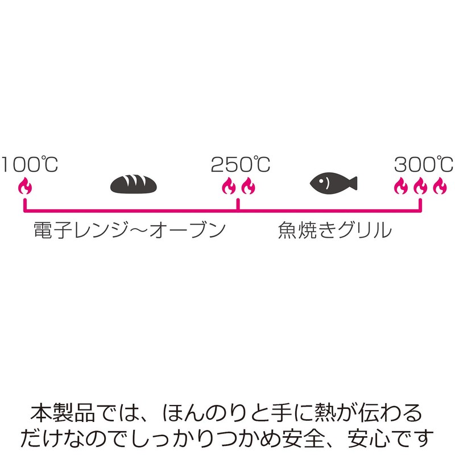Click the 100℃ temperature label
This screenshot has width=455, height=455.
[x=30, y=165]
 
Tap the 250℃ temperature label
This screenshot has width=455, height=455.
[x=241, y=165]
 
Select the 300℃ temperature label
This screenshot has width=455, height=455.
[x=423, y=165]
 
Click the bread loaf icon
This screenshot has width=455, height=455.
[x=133, y=183]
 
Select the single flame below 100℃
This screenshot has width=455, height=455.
[x=24, y=185]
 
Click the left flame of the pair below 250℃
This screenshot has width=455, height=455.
[x=229, y=185]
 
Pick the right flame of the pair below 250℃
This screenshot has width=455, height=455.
[x=247, y=185]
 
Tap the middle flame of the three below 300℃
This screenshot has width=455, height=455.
[x=420, y=185]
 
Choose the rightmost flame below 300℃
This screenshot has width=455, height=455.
[x=439, y=185]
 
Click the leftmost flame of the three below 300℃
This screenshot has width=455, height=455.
[x=402, y=185]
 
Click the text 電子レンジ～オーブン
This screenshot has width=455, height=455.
[x=126, y=230]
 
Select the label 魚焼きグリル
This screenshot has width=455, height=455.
[x=335, y=230]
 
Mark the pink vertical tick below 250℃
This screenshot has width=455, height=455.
[x=238, y=204]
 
